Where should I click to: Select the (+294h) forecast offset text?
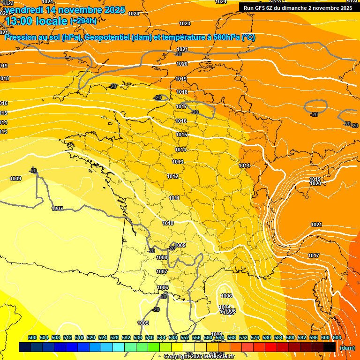[x=83, y=21]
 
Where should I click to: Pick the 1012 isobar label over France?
[x=172, y=176]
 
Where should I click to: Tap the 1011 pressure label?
[x=174, y=198]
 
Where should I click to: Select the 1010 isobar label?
[x=168, y=224]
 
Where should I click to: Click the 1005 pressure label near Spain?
[x=143, y=323]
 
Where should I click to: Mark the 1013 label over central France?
[x=178, y=162]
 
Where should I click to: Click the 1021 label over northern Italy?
[x=316, y=225]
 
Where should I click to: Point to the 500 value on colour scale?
[x=32, y=337]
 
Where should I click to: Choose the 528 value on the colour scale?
[x=114, y=337]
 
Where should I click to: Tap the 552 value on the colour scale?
[x=185, y=337]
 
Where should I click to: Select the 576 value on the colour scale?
[x=255, y=337]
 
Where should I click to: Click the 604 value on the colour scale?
[x=337, y=337]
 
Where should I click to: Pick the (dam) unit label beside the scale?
[x=347, y=348]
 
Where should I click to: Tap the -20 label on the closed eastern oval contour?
[x=314, y=114]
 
